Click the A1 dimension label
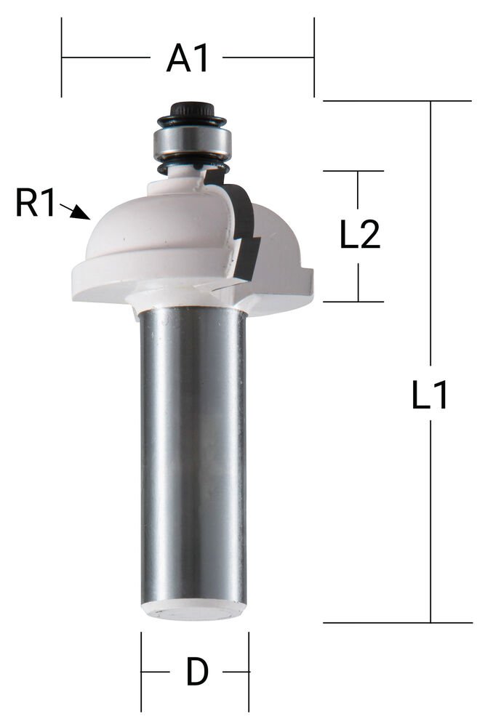click(188, 57)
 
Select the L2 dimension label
click(360, 235)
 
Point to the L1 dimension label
click(431, 396)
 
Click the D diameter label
click(197, 672)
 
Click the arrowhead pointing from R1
click(83, 215)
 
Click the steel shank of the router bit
click(193, 451)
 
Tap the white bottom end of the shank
click(194, 611)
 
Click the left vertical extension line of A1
click(62, 57)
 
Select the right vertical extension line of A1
click(314, 57)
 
